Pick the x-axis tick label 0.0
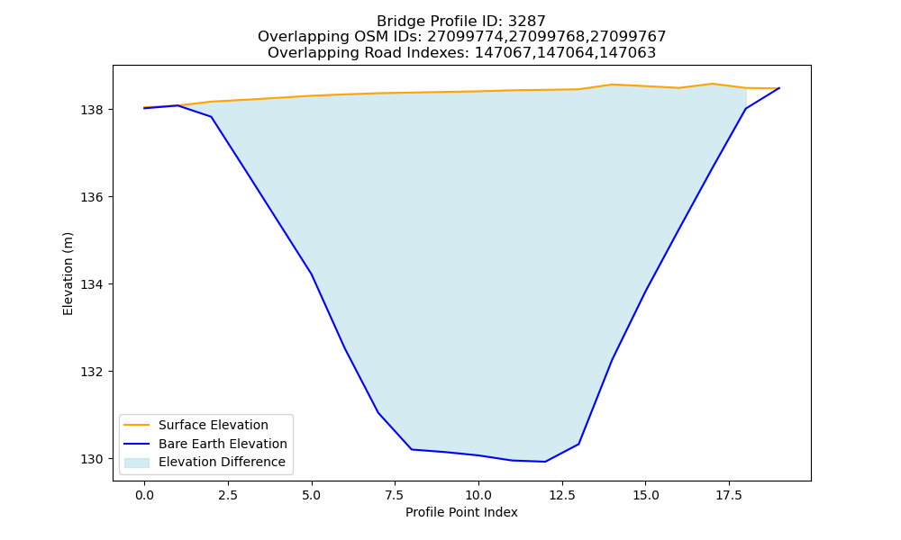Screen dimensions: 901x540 tap(144, 495)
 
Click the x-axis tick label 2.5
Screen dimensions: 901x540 tap(228, 495)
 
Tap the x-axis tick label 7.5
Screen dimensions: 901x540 tap(395, 495)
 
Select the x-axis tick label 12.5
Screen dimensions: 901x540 tap(562, 495)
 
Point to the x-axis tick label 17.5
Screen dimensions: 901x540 tap(729, 495)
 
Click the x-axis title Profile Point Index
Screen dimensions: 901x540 tap(461, 512)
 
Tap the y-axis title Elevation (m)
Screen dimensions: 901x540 tap(68, 274)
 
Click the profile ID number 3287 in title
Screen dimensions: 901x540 tap(527, 22)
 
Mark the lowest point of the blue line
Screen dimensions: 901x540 tap(545, 462)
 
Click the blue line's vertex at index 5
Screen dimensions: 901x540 tap(312, 274)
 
